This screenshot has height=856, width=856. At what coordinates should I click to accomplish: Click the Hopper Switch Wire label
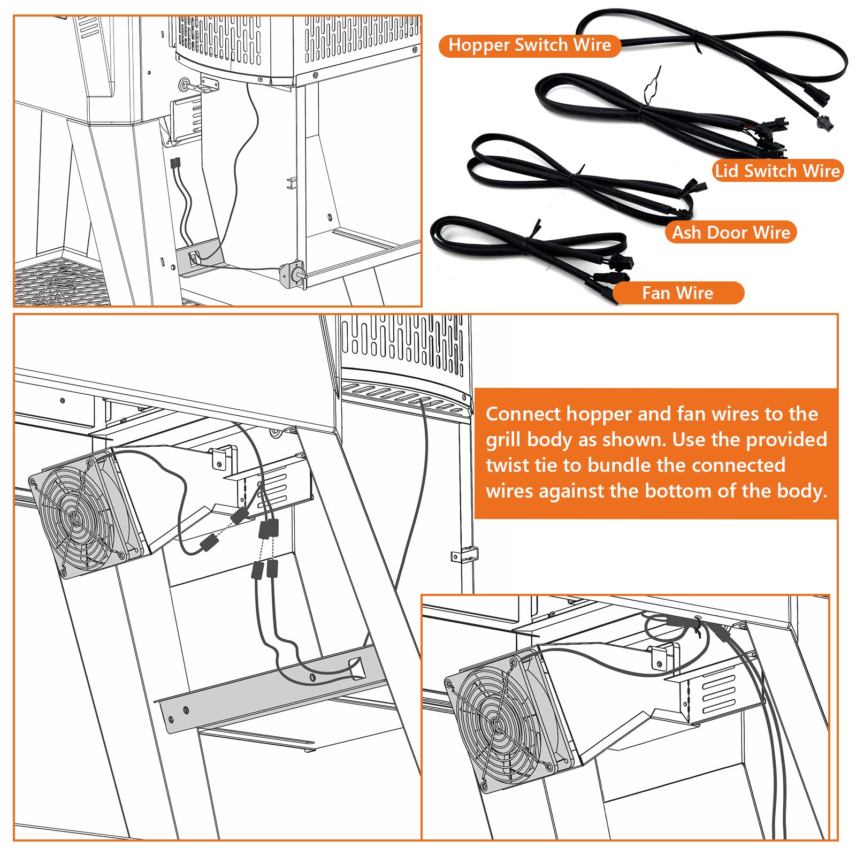click(529, 45)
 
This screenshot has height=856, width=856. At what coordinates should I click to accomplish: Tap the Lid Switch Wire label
click(777, 171)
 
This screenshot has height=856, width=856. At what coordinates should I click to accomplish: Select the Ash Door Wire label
click(730, 233)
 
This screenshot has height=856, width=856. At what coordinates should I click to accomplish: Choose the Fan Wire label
click(677, 293)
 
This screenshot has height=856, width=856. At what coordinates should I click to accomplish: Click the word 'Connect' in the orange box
click(523, 414)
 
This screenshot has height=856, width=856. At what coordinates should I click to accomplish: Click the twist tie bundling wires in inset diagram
click(697, 624)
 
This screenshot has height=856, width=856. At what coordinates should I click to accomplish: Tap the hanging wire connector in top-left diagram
click(175, 163)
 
